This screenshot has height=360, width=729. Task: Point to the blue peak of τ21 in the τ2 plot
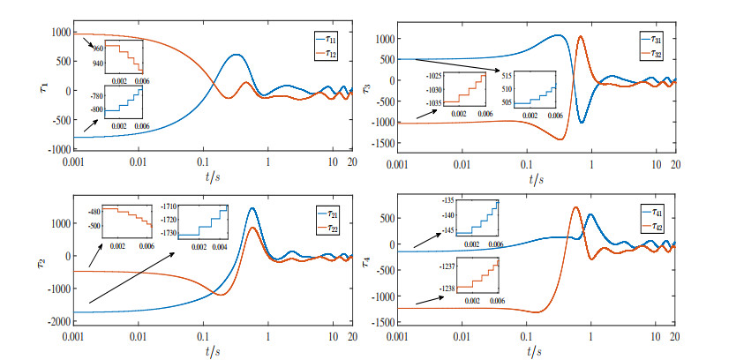click(252, 209)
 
